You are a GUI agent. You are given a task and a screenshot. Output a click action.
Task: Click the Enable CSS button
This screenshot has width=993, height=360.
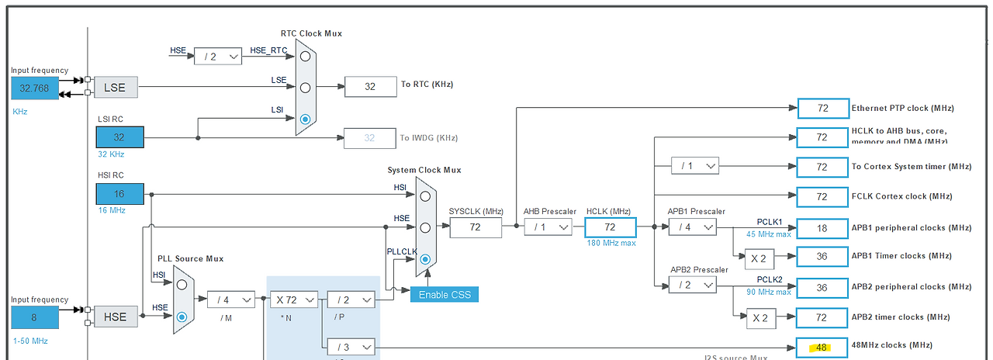(x=444, y=295)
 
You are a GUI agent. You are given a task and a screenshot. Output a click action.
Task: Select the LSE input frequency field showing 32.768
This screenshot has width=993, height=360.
(x=34, y=88)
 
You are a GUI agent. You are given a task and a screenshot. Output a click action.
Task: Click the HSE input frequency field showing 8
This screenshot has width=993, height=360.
(x=34, y=317)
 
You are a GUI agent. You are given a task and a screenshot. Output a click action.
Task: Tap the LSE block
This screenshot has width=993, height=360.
(x=116, y=88)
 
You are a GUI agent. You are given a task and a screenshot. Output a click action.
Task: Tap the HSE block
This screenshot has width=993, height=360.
(x=116, y=317)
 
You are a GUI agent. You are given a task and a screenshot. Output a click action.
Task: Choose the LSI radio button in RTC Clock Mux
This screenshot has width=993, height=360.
(x=305, y=119)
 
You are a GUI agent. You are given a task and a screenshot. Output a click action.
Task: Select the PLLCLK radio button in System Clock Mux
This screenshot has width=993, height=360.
(x=425, y=260)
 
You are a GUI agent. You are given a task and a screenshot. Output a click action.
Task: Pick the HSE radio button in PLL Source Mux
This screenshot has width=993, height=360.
(x=182, y=317)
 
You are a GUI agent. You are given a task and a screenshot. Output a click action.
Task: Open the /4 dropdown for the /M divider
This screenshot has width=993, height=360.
(x=231, y=299)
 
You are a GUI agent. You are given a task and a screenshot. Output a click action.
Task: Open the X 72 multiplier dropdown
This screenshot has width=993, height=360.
(x=295, y=299)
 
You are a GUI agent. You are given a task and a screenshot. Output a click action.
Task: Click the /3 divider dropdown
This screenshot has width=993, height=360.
(x=351, y=346)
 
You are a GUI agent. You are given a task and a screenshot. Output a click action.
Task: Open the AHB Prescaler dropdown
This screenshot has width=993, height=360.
(x=548, y=227)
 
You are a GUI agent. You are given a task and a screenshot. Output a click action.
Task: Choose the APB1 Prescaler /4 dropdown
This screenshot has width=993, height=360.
(x=692, y=227)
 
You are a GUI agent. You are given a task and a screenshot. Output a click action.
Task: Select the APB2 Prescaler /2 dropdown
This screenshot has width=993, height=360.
(x=692, y=286)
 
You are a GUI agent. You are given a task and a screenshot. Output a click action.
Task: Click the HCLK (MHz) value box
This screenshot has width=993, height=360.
(x=610, y=227)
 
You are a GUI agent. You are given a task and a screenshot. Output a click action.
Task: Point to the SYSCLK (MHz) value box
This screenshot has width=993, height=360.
(x=476, y=227)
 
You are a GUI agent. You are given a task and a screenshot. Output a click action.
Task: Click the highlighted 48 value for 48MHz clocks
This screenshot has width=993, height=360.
(x=822, y=346)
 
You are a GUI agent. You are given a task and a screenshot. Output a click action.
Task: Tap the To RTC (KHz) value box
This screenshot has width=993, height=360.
(x=370, y=87)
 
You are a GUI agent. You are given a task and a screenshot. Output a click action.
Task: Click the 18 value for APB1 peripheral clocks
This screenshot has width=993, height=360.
(x=822, y=227)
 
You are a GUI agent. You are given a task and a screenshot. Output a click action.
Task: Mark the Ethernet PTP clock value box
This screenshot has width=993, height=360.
(x=822, y=109)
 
